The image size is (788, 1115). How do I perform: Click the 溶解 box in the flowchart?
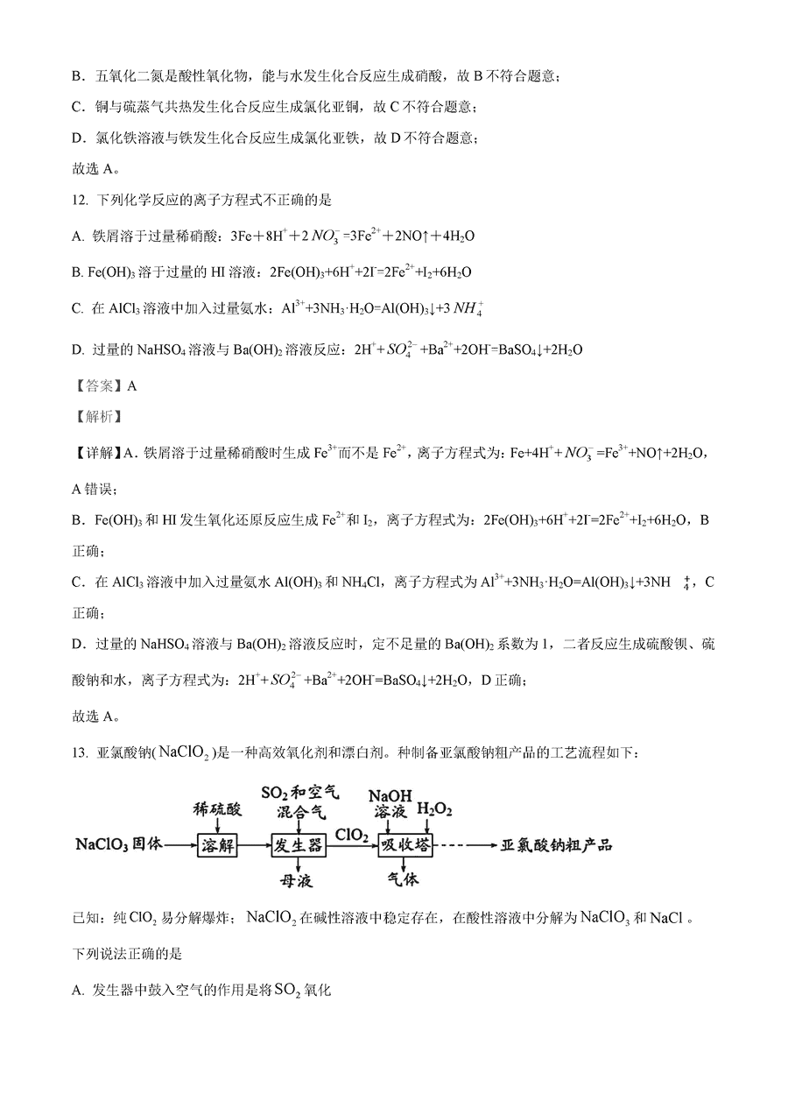tap(219, 846)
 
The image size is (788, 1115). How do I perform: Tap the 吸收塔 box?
tap(400, 846)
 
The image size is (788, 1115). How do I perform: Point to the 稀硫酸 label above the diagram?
tap(216, 810)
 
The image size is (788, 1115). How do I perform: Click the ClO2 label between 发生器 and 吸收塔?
tap(350, 836)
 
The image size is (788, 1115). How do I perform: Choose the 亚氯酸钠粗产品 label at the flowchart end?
tap(556, 845)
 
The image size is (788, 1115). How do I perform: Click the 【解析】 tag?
tap(96, 417)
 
